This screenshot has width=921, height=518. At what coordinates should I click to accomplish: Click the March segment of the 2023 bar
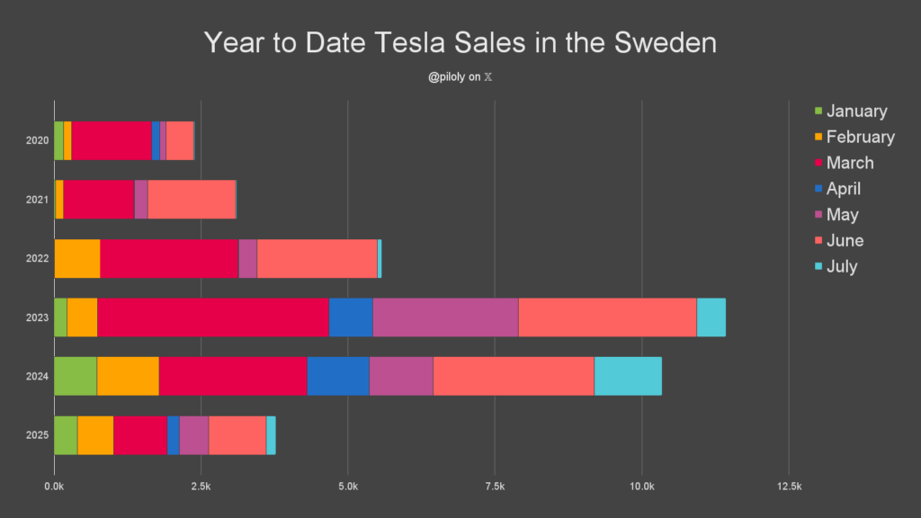point(212,317)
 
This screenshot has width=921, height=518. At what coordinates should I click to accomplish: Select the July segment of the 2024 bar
point(627,376)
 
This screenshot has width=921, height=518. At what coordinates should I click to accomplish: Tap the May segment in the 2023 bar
point(445,317)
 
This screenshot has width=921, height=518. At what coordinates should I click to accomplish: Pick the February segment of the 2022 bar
point(76,258)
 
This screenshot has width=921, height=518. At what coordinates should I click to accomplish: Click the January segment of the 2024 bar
point(75,376)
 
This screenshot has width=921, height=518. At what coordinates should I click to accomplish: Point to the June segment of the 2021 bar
point(191,199)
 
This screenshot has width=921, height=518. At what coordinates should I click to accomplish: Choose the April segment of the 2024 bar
point(337,376)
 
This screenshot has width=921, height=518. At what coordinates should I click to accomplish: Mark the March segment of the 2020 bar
point(111,139)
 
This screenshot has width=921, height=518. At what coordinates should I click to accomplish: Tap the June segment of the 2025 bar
point(237,435)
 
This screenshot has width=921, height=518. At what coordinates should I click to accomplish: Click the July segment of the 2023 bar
point(711,317)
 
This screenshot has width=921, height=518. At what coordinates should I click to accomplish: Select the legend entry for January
point(856,112)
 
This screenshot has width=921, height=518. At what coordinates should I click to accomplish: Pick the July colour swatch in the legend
point(818,267)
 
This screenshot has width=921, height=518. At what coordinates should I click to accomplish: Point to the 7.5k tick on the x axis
point(495,487)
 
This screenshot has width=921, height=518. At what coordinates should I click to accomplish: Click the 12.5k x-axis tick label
point(789,487)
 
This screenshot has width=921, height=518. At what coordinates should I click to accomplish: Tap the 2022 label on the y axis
point(38,259)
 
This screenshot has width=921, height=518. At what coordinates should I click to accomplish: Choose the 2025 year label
point(38,436)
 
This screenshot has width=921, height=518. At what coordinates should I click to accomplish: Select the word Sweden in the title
point(666,43)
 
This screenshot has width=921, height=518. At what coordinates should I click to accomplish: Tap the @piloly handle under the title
point(447,77)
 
